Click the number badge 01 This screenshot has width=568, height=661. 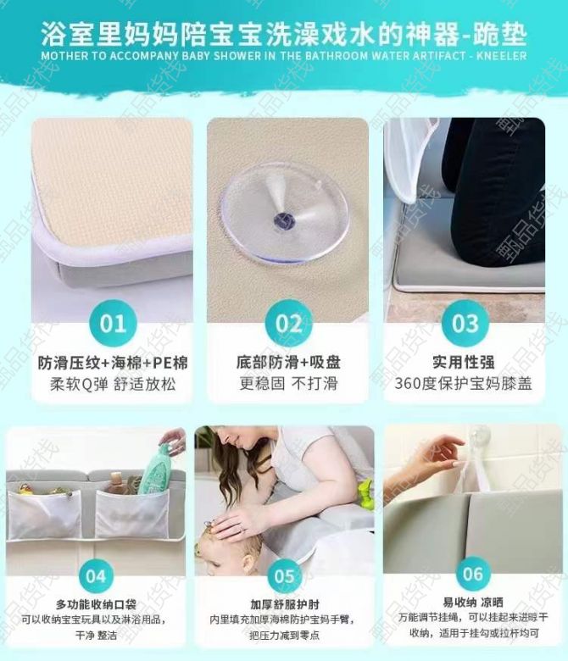pos(113,324)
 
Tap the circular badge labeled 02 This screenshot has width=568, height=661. pos(289,324)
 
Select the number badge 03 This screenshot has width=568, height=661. pos(465,324)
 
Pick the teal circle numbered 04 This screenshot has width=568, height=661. pos(96,576)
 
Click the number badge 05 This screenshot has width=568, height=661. pos(284,576)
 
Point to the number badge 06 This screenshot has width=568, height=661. pos(473,574)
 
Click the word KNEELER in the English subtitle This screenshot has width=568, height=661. pos(501,56)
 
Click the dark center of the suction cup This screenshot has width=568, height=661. pos(281,220)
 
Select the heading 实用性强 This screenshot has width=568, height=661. pos(464,362)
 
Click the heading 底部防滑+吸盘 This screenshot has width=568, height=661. pos(288,362)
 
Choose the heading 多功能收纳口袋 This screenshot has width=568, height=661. pos(96,605)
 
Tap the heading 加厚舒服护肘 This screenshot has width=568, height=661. pos(285,605)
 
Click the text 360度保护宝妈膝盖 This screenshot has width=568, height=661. pos(464,384)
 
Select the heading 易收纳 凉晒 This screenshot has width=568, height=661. pos(473,603)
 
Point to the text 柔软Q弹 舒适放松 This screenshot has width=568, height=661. pos(113,384)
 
